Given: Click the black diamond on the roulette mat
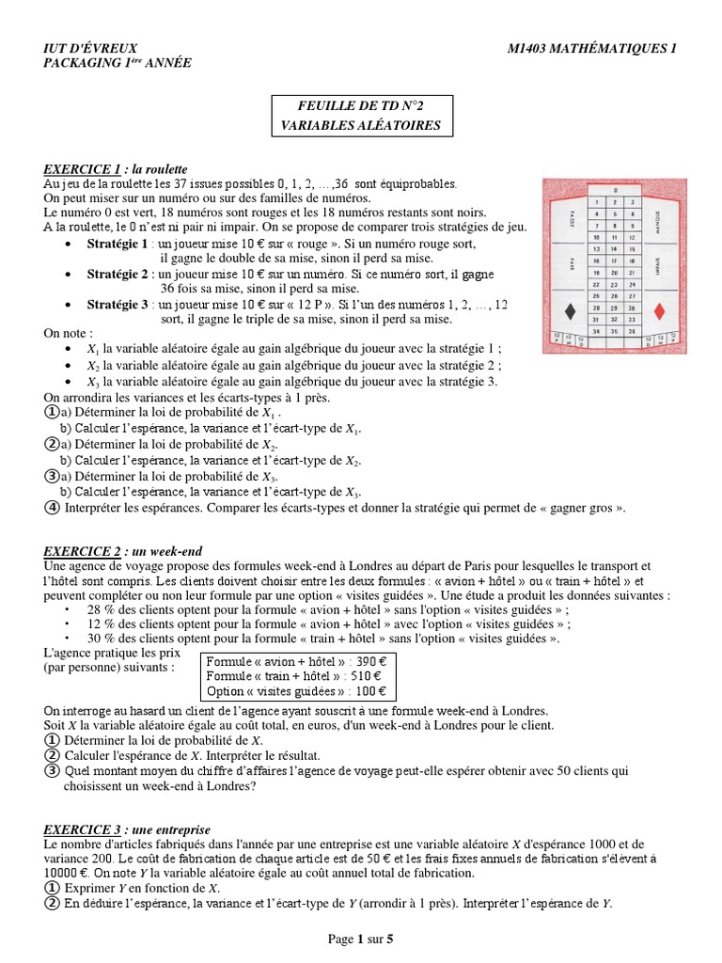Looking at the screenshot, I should point(570,311).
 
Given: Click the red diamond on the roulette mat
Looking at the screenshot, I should point(657,311).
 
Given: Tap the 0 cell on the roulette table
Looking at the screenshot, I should point(613,189).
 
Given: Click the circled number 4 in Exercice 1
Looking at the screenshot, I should point(52,508).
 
